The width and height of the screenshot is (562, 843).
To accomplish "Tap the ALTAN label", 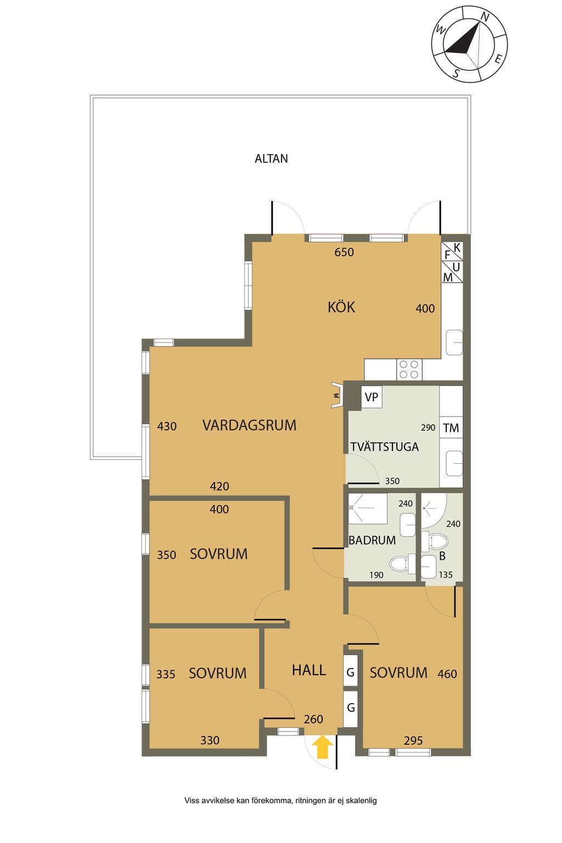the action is click(x=271, y=159).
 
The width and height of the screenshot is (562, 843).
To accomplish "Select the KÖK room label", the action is click(x=341, y=307).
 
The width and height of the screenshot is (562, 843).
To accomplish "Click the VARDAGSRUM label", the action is click(x=249, y=425).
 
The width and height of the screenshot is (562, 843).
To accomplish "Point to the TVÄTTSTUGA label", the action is click(x=384, y=447).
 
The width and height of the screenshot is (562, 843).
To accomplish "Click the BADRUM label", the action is click(x=372, y=541).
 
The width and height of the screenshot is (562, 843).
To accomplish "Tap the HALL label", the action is click(x=308, y=670).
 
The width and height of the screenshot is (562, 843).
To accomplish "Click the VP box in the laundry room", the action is click(x=372, y=397).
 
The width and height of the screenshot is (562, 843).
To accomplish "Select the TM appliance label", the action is click(x=451, y=428).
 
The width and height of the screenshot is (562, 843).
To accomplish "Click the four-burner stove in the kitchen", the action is click(x=409, y=369).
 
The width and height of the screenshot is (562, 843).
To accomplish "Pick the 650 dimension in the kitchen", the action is click(x=344, y=252).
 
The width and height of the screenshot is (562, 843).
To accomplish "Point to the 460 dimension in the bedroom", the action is click(x=447, y=673).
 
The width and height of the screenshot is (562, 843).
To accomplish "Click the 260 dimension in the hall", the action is click(x=313, y=719).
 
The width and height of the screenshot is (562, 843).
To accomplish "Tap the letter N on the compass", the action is click(x=485, y=17).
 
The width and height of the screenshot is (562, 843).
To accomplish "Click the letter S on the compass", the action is click(x=456, y=73).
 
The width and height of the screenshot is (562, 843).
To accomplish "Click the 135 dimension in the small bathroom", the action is click(x=446, y=575).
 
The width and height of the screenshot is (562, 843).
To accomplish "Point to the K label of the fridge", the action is click(x=457, y=248).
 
